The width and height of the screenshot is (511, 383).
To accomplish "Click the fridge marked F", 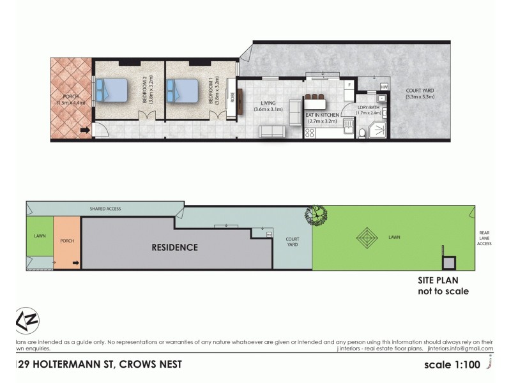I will tap(349, 84).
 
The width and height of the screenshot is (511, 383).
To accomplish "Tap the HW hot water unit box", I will tap(384, 86).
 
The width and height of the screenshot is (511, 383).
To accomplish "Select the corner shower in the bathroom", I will tap(379, 130).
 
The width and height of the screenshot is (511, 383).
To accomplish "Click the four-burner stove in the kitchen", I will tap(310, 133).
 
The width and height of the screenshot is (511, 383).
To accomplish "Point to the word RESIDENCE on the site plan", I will tap(174, 247).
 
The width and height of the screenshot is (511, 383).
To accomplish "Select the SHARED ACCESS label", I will tap(105, 209).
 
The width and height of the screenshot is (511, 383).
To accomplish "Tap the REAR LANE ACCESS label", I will tap(484, 238).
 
